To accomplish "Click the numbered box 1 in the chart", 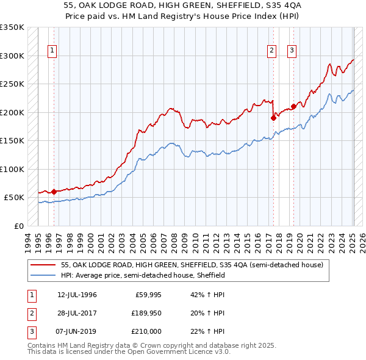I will coord(53,51).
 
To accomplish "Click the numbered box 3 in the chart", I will coord(292,51).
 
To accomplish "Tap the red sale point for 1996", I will coord(54,192).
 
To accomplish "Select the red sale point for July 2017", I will coord(273,118).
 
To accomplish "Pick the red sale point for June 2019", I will coord(293,107).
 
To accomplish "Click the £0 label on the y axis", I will coord(18,226).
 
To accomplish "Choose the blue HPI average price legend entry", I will coord(143,276).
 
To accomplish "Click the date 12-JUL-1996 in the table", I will coord(77,295).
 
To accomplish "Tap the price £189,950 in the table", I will coord(145,313).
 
